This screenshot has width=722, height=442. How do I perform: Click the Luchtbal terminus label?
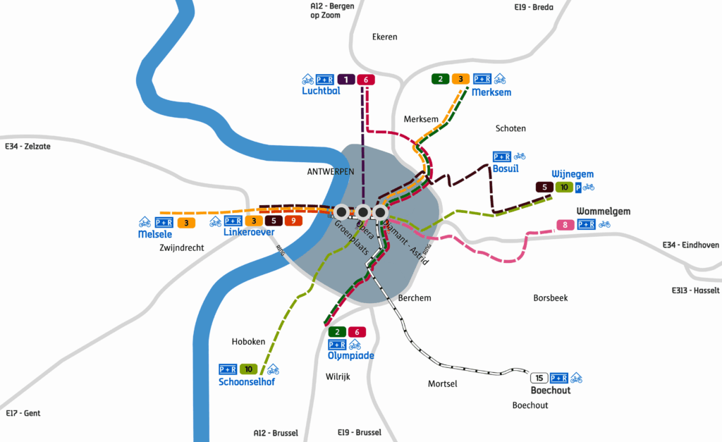click(x=321, y=92)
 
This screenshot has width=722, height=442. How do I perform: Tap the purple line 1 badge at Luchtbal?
click(x=345, y=79)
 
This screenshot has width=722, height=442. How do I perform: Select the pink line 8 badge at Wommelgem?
click(x=565, y=226)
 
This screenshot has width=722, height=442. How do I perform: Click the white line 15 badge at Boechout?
click(x=539, y=378)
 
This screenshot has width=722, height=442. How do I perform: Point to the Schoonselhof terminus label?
click(x=246, y=382)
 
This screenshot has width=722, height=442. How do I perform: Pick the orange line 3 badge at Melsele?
click(x=185, y=223)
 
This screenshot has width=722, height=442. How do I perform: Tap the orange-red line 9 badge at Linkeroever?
click(x=293, y=221)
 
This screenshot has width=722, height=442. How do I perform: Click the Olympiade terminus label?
click(x=350, y=356)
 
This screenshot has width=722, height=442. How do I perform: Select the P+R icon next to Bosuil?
click(x=502, y=156)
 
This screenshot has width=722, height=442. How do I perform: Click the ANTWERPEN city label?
click(x=330, y=172)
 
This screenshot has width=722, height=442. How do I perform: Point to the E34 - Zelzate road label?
click(x=27, y=147)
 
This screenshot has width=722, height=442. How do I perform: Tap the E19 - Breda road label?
click(x=534, y=7)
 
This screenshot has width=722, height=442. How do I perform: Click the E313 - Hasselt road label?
click(x=696, y=290)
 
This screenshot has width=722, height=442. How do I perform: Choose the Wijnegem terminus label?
click(x=573, y=174)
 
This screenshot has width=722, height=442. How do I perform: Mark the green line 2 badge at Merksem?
click(x=441, y=79)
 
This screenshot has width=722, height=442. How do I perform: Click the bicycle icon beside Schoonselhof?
click(x=272, y=369)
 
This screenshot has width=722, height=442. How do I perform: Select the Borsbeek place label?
click(x=550, y=297)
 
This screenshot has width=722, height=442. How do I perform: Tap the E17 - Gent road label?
click(x=23, y=413)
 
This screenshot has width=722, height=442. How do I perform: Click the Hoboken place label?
click(x=248, y=342)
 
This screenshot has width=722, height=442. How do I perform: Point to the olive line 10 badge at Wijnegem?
click(x=564, y=188)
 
